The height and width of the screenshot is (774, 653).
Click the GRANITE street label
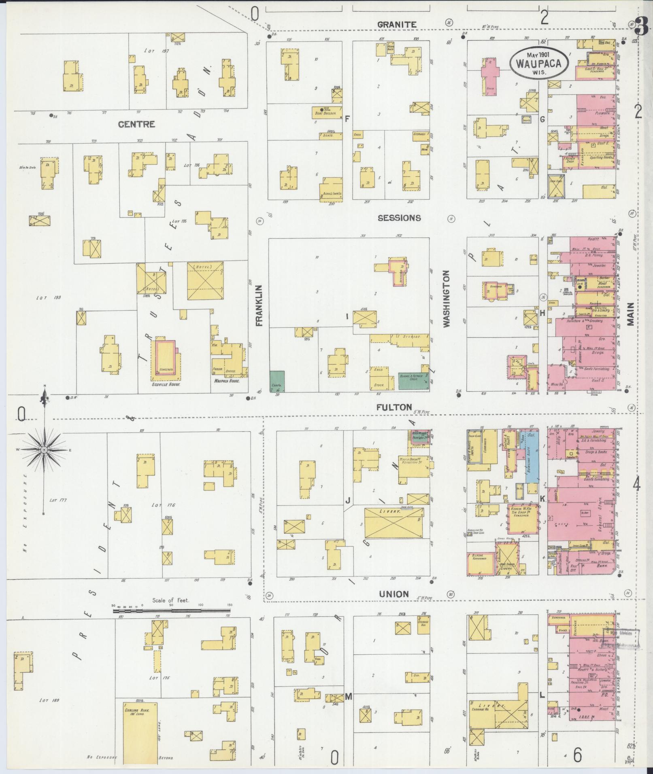point(397,24)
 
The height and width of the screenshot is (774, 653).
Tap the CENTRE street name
point(136,124)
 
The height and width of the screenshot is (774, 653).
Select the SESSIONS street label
point(399,218)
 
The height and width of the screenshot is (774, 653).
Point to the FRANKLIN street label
point(259,305)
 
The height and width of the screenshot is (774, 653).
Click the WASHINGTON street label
point(447,299)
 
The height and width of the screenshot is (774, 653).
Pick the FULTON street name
point(394,407)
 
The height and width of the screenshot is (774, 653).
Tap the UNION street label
point(394,594)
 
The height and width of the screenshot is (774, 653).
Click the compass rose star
point(44,450)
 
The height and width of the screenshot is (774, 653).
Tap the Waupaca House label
point(225,381)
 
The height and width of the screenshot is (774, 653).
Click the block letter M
point(348,697)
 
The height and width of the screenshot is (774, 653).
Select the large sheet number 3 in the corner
point(641,28)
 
